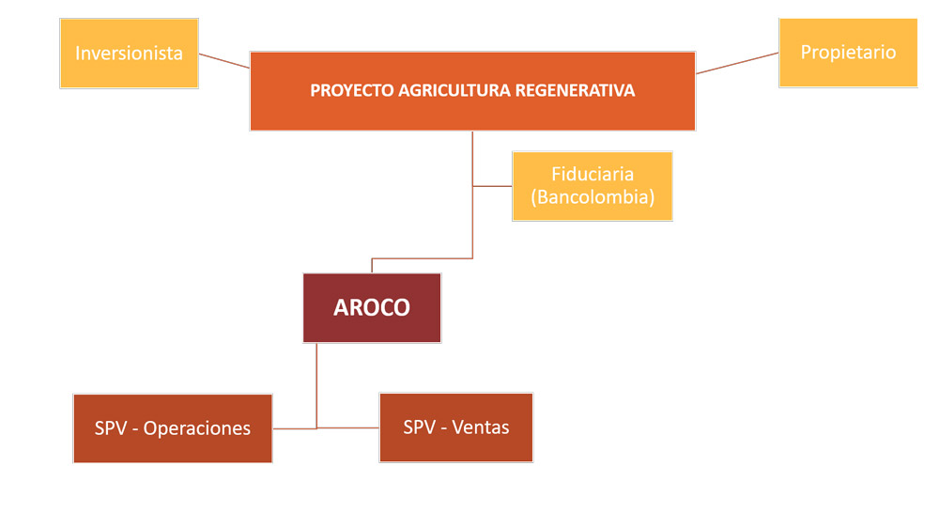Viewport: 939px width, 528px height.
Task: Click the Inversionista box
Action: (129, 54)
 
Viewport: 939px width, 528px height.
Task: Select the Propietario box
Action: (848, 53)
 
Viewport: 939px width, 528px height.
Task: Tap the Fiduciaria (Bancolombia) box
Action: (593, 186)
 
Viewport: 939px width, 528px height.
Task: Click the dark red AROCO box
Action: (372, 308)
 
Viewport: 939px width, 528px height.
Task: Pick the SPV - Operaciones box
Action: (173, 428)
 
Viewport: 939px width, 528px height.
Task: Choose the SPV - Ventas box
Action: (456, 427)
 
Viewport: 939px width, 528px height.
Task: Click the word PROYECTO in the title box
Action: (352, 91)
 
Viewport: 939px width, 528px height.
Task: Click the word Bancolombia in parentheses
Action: (593, 198)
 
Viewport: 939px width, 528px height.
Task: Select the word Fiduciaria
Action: (593, 175)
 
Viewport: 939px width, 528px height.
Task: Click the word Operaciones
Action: (197, 428)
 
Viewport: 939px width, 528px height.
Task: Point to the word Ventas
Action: (481, 427)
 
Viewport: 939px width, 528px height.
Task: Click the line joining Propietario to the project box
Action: (737, 63)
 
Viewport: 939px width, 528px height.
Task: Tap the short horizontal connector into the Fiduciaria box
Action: (492, 186)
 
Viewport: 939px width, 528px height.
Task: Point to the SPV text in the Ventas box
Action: (419, 427)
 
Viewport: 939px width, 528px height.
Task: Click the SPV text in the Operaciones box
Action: (111, 428)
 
